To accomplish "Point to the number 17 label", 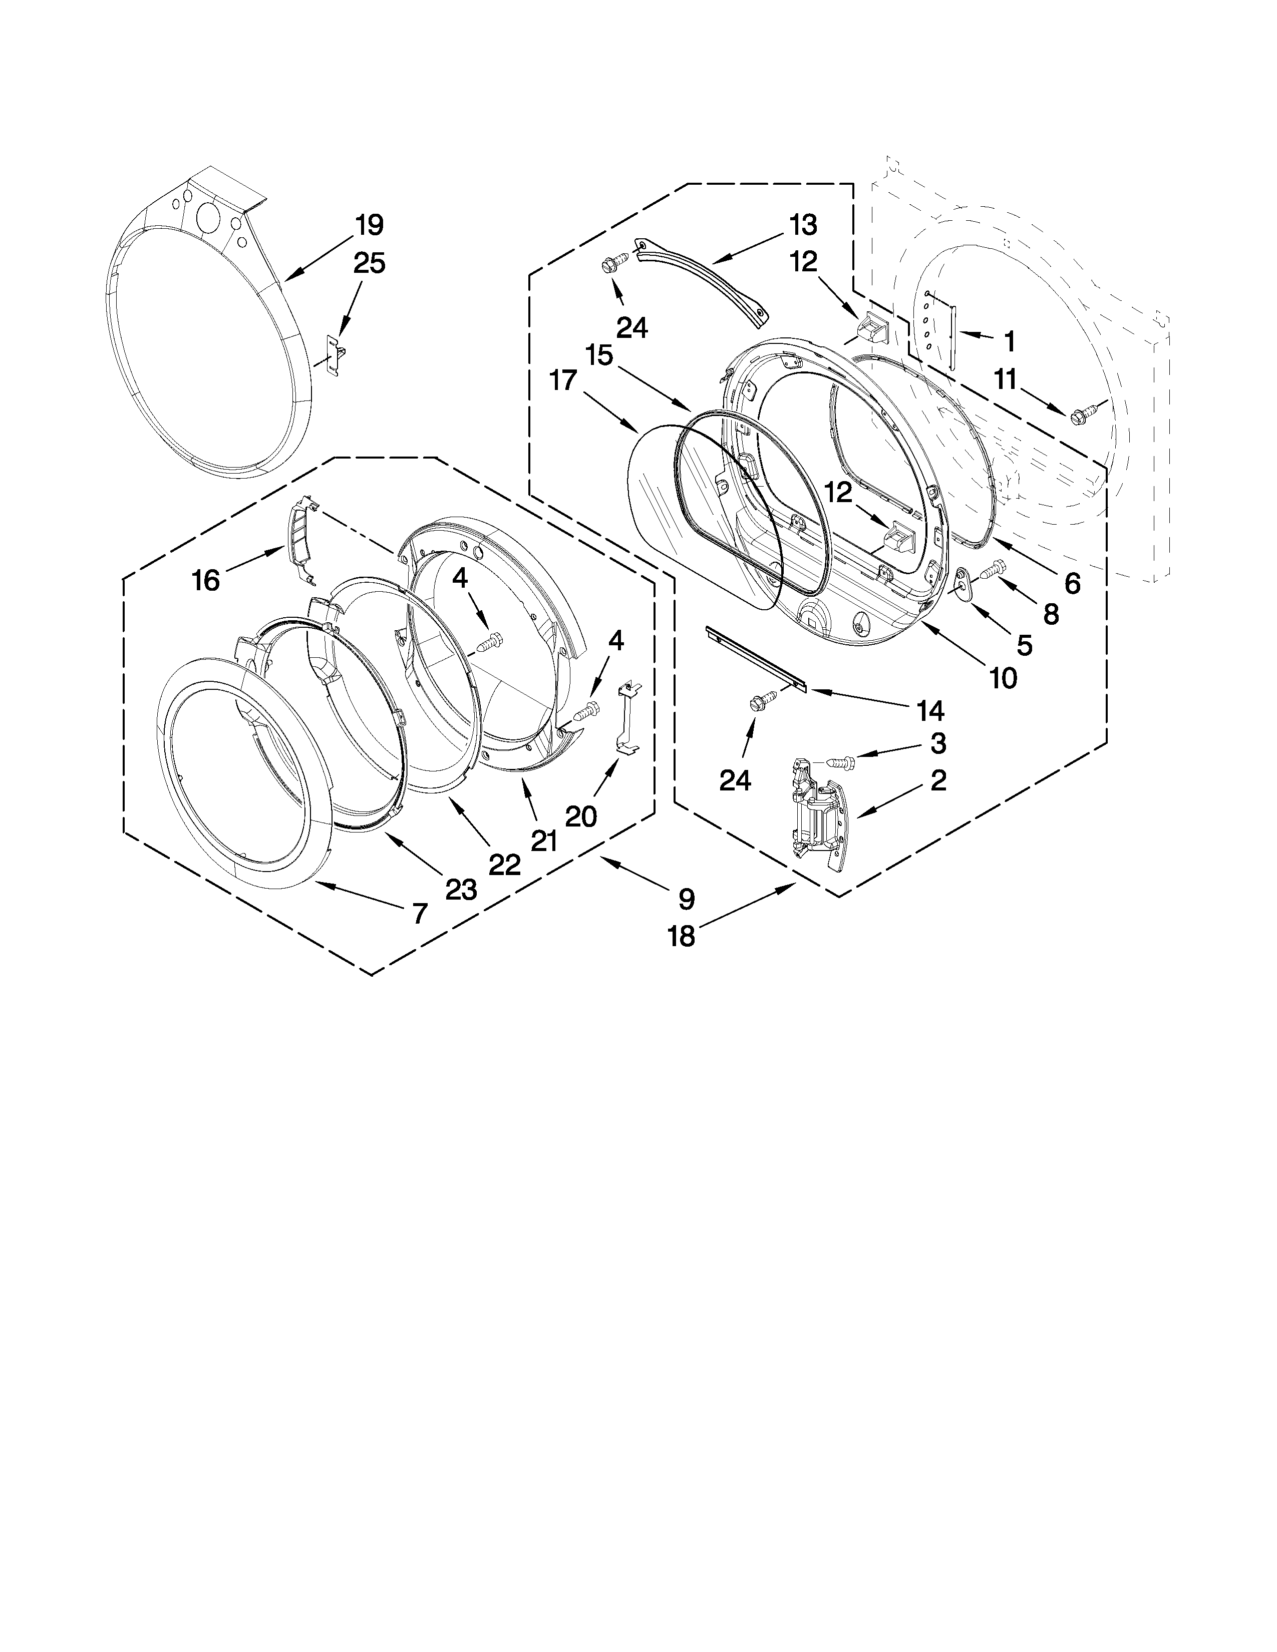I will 563,380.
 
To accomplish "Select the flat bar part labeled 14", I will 757,658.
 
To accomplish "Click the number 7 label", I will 419,914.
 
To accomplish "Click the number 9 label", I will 686,899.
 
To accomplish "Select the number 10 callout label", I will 1003,678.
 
